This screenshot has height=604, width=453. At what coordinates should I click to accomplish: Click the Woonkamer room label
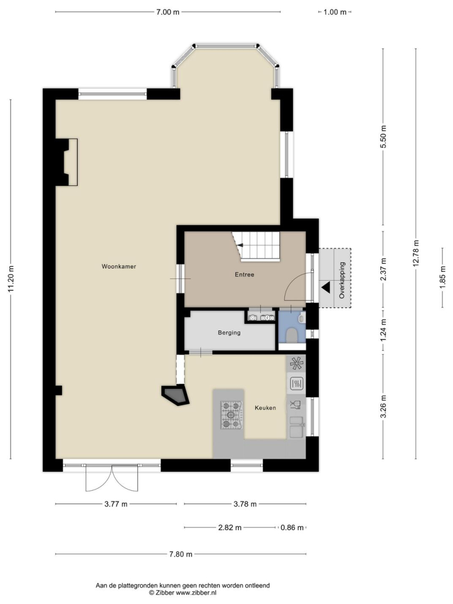click(119, 266)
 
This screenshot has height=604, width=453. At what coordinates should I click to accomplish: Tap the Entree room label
click(245, 275)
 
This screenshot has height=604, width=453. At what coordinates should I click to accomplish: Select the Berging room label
click(229, 332)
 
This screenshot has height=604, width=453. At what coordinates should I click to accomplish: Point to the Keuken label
click(265, 408)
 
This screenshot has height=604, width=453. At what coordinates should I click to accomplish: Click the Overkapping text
click(342, 280)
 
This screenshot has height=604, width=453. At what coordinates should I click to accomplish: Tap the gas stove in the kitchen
click(231, 415)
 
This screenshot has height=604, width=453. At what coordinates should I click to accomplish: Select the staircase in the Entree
click(255, 247)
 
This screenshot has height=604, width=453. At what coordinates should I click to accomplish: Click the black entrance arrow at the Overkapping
click(326, 287)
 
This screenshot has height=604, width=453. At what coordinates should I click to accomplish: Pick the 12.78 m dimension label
click(415, 253)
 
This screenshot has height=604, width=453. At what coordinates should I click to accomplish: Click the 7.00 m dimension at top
click(168, 12)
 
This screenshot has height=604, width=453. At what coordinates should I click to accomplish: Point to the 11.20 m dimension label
click(11, 279)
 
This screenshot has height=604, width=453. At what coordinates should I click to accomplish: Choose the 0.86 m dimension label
click(292, 527)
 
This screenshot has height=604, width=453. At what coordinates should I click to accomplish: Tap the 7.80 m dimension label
click(180, 554)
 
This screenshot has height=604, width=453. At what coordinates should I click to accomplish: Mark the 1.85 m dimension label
click(442, 277)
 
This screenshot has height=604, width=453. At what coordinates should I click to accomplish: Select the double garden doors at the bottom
click(112, 478)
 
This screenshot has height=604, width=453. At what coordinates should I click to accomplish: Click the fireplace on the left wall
click(67, 162)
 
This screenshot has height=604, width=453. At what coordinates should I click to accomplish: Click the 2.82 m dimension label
click(230, 527)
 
